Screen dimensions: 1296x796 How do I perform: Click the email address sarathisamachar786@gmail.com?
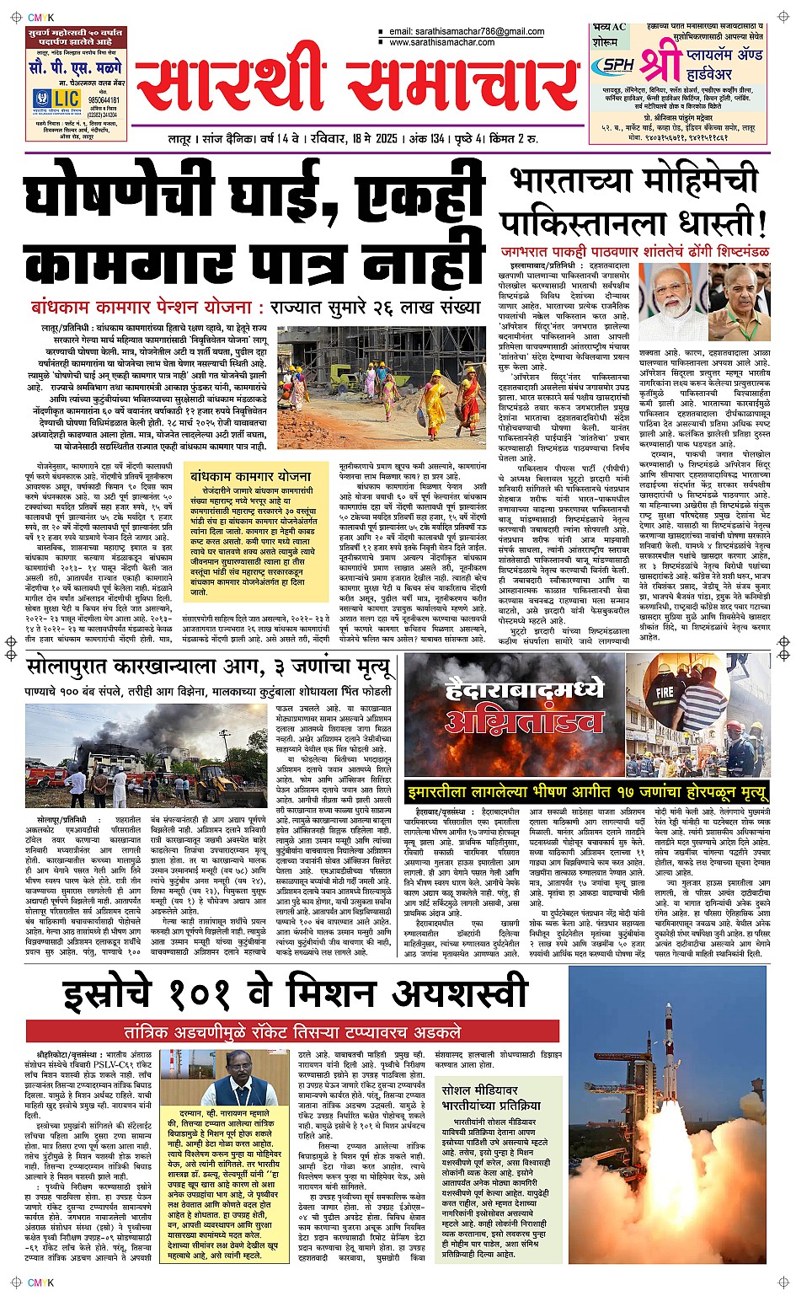tap(467, 32)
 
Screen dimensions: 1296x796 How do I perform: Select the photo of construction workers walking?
tap(393, 388)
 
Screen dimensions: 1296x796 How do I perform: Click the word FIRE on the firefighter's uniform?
tap(665, 693)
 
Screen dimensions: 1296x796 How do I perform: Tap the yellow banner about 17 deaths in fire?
tap(588, 791)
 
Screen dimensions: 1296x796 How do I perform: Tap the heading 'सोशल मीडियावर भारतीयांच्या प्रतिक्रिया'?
tap(491, 1096)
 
